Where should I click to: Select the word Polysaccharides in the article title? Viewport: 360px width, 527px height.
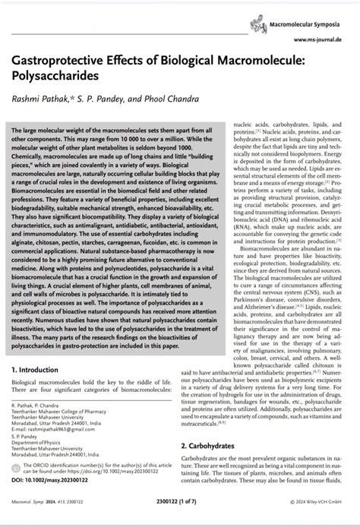[x=52, y=77]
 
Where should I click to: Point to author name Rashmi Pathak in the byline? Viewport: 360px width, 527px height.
[x=38, y=101]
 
